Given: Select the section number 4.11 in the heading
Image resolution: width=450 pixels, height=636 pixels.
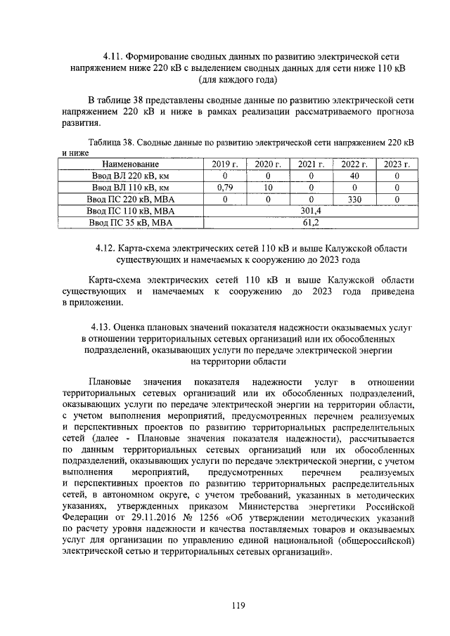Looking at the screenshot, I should click(x=113, y=56).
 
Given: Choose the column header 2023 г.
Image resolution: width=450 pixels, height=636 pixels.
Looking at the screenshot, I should click(x=397, y=164).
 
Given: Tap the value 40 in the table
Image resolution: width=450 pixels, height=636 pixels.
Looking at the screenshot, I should click(x=354, y=176).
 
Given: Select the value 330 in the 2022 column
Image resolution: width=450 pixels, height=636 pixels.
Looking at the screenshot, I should click(x=354, y=199).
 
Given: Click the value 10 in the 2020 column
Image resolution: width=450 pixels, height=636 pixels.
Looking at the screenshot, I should click(x=268, y=187).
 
